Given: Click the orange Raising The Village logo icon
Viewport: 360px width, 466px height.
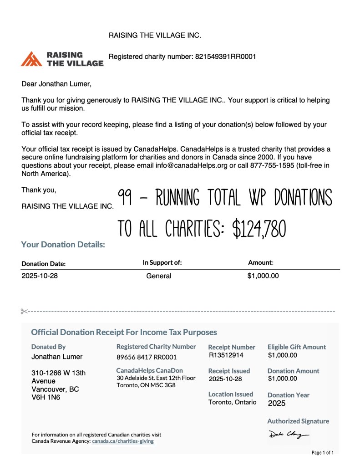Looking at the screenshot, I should (x=31, y=59).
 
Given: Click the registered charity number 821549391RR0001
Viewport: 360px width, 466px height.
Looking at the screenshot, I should (x=226, y=57).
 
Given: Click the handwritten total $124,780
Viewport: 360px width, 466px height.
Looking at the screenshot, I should (x=259, y=228).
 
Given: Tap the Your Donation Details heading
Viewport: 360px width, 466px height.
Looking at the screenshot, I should (x=63, y=245).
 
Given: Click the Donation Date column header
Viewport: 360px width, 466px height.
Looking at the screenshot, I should (x=44, y=264).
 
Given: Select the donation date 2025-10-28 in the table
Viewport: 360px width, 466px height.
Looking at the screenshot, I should (x=40, y=276).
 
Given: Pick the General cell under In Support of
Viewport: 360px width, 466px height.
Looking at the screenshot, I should (x=159, y=276).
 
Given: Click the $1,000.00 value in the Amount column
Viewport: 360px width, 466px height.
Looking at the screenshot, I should (x=263, y=276).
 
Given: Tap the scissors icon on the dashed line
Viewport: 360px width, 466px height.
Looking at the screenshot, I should (x=25, y=311).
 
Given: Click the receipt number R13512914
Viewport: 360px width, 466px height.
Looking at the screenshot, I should (x=226, y=355).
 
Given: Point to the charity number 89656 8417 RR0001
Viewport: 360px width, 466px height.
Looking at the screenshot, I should (x=147, y=357).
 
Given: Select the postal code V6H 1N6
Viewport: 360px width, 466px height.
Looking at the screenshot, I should (x=46, y=398).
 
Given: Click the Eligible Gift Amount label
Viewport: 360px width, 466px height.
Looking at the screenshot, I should (x=297, y=347).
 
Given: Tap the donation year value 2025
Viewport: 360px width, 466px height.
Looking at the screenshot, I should (x=277, y=403).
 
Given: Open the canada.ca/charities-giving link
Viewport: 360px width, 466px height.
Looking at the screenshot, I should (x=123, y=441).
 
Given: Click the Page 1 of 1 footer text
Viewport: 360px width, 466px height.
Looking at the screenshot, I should (x=323, y=453).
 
